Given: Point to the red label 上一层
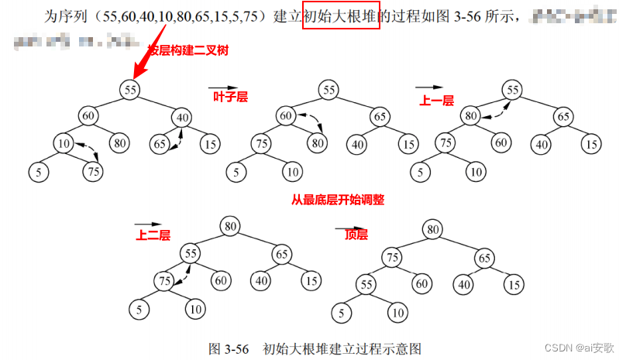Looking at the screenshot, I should (435, 99).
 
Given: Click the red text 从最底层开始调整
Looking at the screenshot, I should (338, 199).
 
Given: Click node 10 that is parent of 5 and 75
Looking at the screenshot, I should (64, 143).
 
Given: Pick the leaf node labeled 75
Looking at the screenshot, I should (94, 171).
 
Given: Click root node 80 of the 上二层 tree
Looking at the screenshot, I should (229, 225).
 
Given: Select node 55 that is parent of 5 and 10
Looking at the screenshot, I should (366, 285).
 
